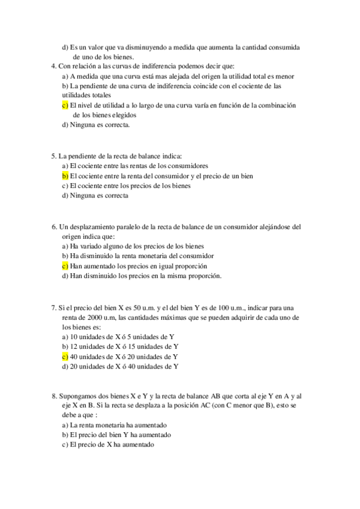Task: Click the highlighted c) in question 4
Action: pyautogui.click(x=65, y=105)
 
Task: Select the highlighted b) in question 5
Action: pyautogui.click(x=65, y=176)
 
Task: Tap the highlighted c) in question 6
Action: pyautogui.click(x=65, y=266)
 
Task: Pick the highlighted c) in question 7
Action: pyautogui.click(x=65, y=356)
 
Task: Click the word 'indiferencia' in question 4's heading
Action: pyautogui.click(x=157, y=66)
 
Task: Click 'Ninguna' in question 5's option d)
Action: pyautogui.click(x=83, y=196)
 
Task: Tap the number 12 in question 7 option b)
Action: pyautogui.click(x=74, y=346)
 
